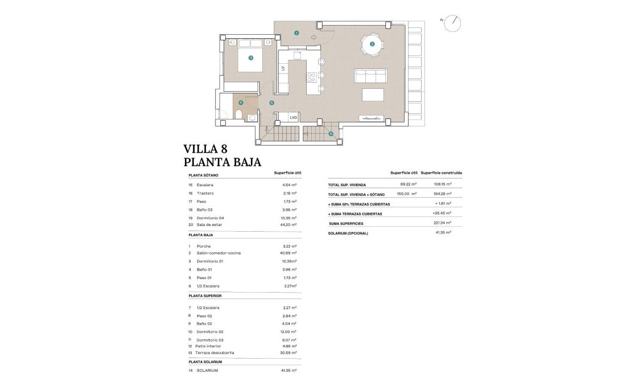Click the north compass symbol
454,23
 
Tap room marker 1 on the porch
296,33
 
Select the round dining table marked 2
372,44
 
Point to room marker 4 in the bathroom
241,103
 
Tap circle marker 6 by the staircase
331,134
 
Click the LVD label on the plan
294,117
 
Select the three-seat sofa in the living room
370,76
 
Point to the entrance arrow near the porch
314,38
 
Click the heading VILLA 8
205,149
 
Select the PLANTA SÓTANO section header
203,176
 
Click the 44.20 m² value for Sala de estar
290,225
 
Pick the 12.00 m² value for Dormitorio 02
290,332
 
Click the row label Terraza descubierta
215,353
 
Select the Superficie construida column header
441,173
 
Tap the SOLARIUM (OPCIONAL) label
348,233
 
